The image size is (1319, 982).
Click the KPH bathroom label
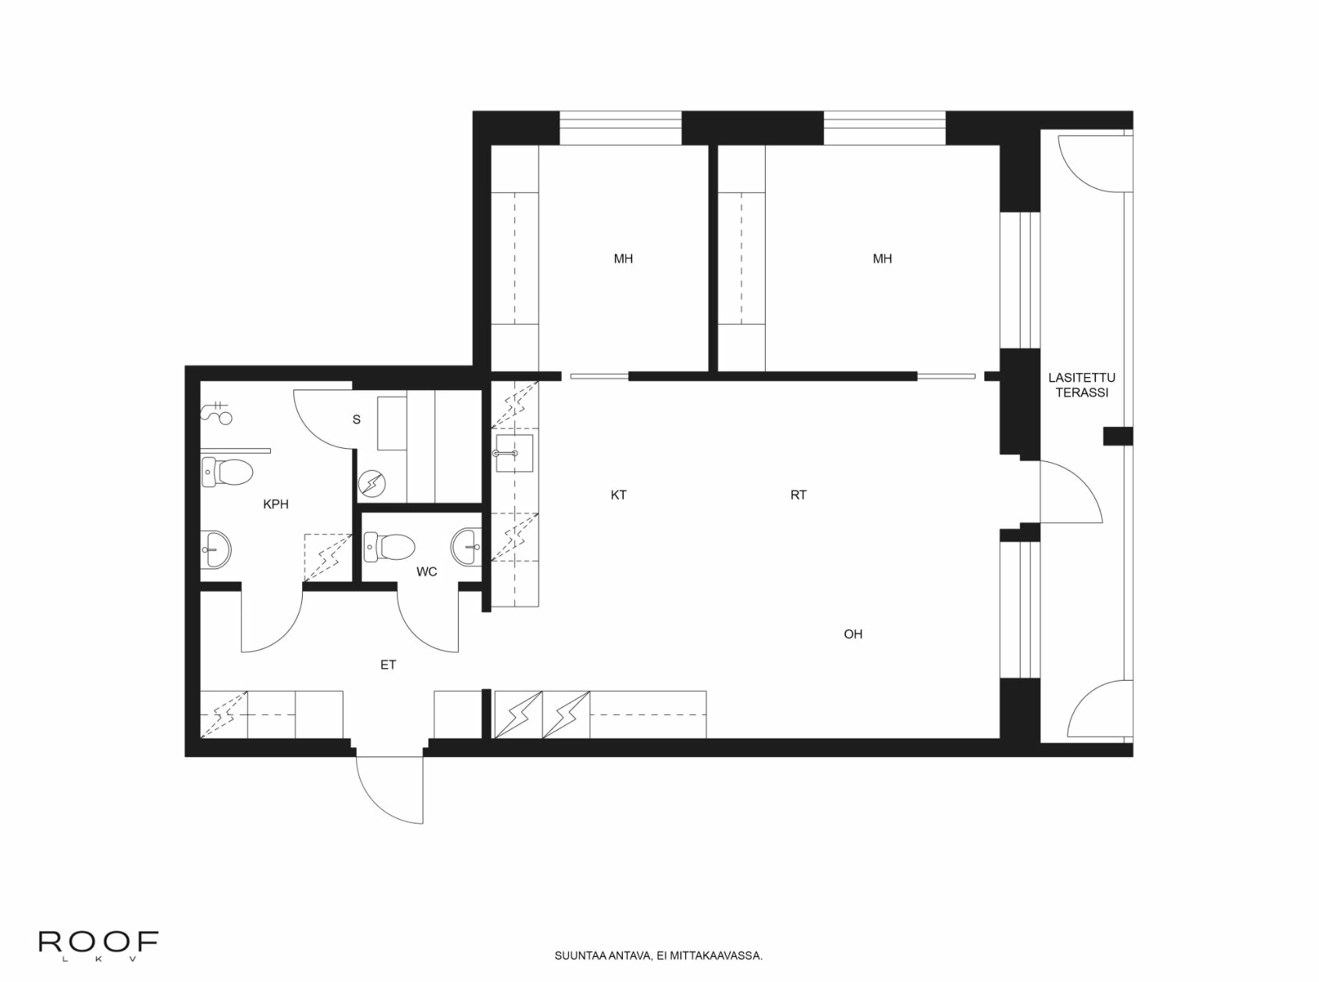coord(276,504)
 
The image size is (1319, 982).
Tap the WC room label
coord(426,571)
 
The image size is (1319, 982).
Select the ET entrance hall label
coord(388,665)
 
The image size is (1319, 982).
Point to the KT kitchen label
coord(618,495)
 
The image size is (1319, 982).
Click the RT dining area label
coord(798,495)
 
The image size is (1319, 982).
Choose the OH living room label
coord(853,634)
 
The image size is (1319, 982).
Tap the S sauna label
coord(357,419)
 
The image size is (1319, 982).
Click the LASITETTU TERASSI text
coord(1082,386)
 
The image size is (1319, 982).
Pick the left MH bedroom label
coord(623,258)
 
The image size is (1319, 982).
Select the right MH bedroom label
coord(882,258)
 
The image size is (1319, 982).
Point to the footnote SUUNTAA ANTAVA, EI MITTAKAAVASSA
coord(658,955)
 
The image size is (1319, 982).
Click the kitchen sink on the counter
coord(514,454)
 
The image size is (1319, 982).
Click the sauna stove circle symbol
coord(372,483)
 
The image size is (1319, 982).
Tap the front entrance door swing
coord(390,788)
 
